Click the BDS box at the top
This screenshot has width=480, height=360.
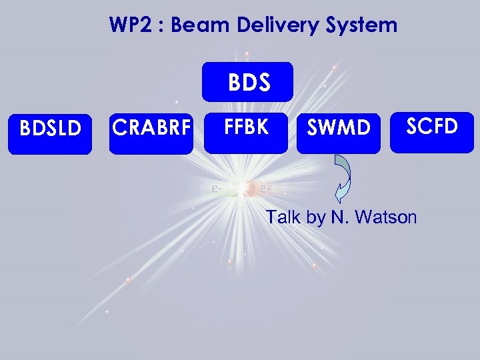click(x=247, y=82)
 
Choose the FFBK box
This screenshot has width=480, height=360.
click(x=247, y=127)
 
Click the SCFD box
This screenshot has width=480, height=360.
click(x=432, y=125)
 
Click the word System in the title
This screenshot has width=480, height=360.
click(x=367, y=26)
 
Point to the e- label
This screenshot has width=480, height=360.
click(x=216, y=189)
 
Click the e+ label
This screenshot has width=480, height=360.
click(x=266, y=189)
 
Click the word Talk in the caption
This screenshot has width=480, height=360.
click(x=282, y=217)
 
